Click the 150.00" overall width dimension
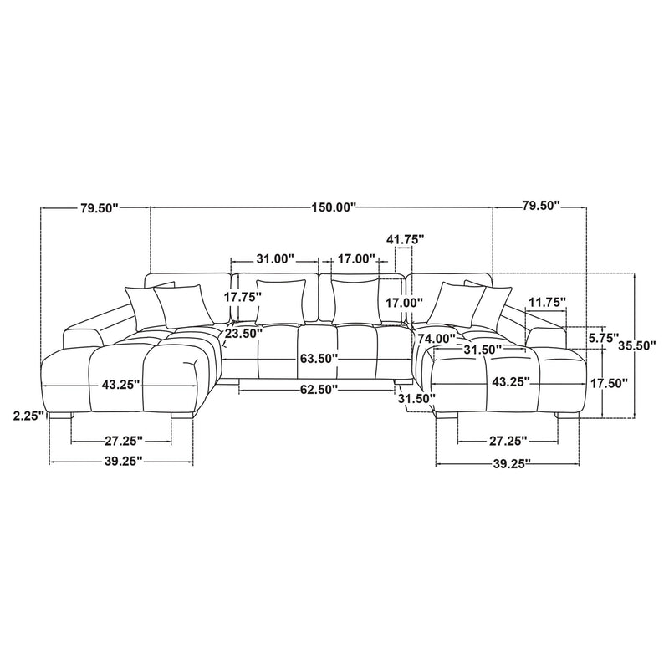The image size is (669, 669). (x=334, y=207)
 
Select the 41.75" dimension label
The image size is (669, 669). (x=405, y=239)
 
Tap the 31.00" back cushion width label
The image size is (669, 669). (x=275, y=259)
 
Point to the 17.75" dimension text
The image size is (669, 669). (x=243, y=297)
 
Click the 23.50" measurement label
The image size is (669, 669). (x=243, y=333)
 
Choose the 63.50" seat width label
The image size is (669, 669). (x=319, y=359)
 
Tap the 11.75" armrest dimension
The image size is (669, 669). (x=548, y=303)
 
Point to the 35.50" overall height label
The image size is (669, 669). (x=636, y=345)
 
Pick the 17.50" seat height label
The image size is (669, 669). (x=609, y=383)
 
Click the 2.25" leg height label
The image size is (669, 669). (x=29, y=416)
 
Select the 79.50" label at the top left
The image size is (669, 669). (x=99, y=207)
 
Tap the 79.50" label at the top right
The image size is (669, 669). (x=540, y=206)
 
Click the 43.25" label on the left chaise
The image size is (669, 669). (x=120, y=385)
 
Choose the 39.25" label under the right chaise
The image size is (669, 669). (x=512, y=464)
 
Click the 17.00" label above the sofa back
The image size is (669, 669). (x=356, y=258)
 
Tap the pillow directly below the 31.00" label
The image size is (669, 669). (x=281, y=302)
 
